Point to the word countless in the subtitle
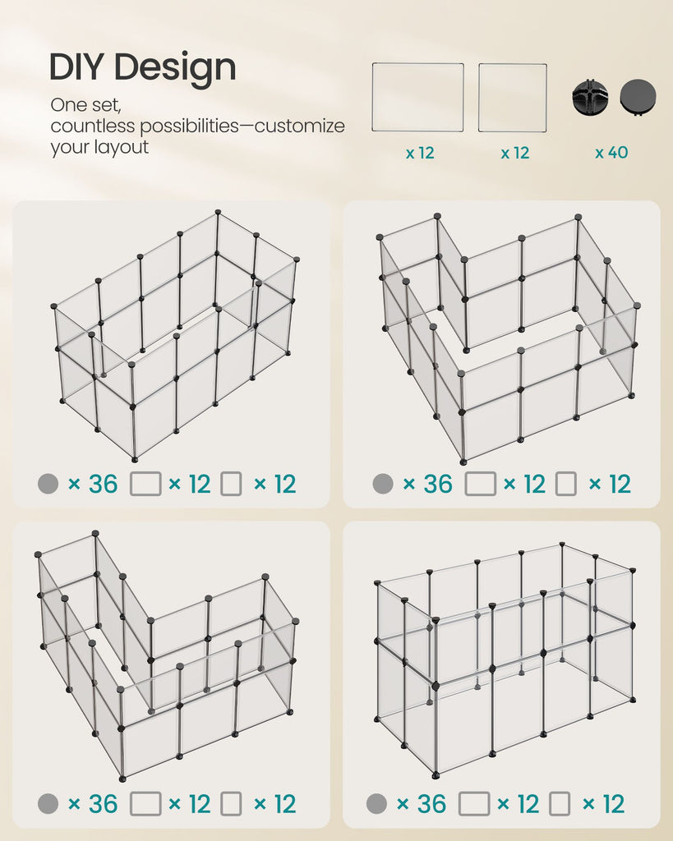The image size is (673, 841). pos(92,126)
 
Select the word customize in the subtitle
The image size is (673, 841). pos(299,126)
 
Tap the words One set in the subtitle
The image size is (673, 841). pos(85,105)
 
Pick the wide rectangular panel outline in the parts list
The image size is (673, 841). pos(418,97)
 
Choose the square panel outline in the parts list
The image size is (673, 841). pos(513,98)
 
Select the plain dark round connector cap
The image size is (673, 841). pos(638,97)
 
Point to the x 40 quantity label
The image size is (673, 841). pos(611,152)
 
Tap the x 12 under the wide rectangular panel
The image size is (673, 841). pos(420,154)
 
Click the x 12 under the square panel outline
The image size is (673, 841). pos(514,154)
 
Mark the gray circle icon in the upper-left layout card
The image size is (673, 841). pos(48,484)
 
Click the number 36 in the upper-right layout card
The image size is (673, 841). pos(437,484)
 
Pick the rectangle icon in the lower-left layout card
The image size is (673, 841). pos(145,804)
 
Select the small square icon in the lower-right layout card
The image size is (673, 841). pos(560,804)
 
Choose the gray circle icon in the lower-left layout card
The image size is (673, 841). pos(48,804)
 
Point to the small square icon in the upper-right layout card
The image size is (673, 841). pos(565,484)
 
